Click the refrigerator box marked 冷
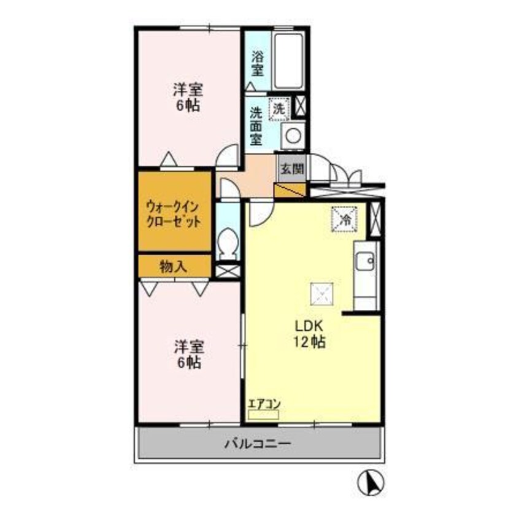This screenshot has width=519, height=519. [345, 219]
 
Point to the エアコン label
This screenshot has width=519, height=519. [264, 404]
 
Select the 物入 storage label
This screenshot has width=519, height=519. [174, 266]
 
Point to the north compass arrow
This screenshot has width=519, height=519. [371, 482]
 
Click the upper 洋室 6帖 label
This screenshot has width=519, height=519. [187, 97]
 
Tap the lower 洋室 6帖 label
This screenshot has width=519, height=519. [188, 354]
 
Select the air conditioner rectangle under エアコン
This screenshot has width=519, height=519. [263, 415]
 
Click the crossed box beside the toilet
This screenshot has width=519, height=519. [228, 269]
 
